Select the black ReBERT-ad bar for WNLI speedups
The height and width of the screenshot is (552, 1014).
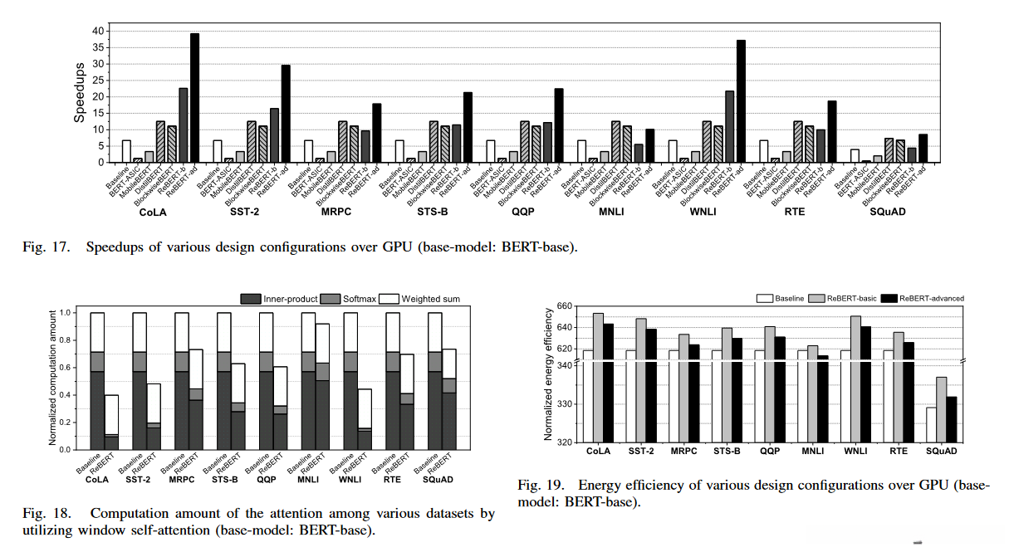point(741,100)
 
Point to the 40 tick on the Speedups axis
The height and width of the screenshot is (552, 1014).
point(98,31)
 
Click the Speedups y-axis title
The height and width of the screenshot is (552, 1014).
point(79,95)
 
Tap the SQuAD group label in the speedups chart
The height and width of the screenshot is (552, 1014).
point(889,212)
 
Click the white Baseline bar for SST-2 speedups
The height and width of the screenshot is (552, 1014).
point(218,151)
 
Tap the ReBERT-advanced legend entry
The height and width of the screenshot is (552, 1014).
point(919,298)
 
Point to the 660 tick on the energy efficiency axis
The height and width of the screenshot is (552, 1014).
point(566,306)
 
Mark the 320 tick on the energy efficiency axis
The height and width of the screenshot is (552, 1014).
point(566,442)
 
